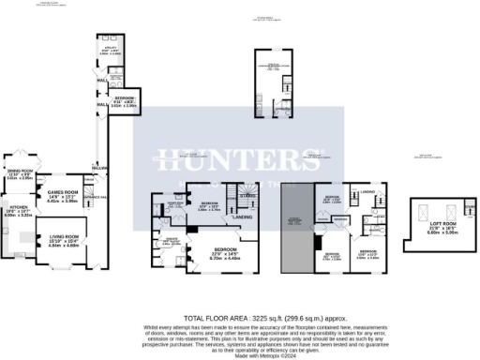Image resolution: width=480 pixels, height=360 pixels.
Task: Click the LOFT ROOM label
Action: pyautogui.click(x=430, y=221)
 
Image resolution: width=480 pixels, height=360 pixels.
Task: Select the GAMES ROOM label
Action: pyautogui.click(x=63, y=192)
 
